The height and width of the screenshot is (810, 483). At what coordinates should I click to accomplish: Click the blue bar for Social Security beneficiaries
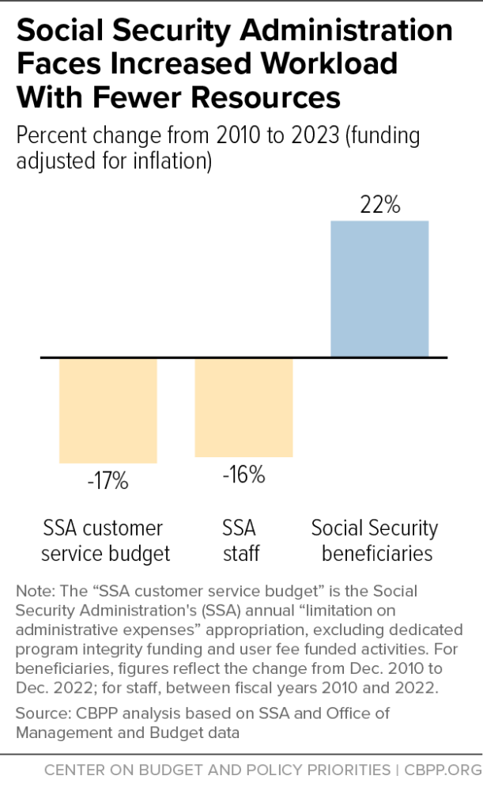coord(379,289)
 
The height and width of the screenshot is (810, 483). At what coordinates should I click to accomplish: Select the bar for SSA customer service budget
coord(108,410)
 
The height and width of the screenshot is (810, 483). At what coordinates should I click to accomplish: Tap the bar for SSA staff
coord(243,407)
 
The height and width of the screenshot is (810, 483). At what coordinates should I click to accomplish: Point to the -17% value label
coord(108,480)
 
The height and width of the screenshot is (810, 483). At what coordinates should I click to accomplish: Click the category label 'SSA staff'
coord(240,540)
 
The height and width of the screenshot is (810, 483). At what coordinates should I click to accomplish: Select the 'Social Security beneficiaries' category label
coord(375,540)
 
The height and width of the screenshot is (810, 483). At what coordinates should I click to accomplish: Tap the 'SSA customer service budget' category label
coord(105,540)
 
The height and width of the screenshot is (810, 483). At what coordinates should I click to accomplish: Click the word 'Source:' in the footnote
coord(41,713)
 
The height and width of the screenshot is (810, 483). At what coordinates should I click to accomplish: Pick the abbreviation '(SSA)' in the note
coord(242,611)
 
